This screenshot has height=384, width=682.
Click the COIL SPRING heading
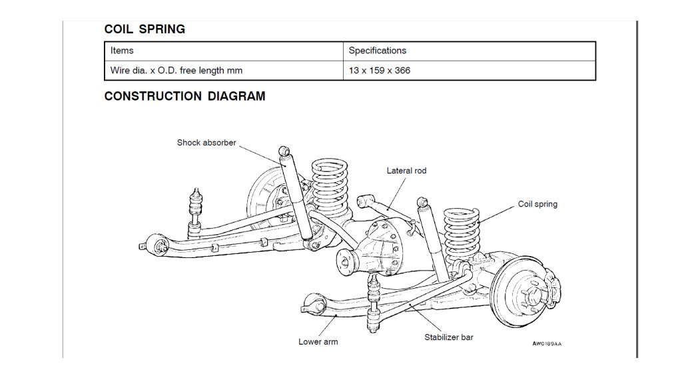pos(145,29)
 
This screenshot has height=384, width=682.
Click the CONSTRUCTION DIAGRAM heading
pos(184,96)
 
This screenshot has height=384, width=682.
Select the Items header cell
pos(122,51)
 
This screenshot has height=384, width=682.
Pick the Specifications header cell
pos(377,51)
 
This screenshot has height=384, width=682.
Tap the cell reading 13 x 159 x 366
pos(380,70)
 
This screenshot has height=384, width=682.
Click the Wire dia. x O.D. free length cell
pos(176,70)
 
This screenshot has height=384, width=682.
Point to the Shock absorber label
pos(206,143)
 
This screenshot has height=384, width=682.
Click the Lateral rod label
pos(406,171)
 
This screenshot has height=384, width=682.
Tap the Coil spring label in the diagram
pos(537,204)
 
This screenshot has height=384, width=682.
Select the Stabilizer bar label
pos(449,337)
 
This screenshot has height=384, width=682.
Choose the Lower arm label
pos(318,342)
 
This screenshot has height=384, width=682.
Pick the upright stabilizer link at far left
pos(196,211)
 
